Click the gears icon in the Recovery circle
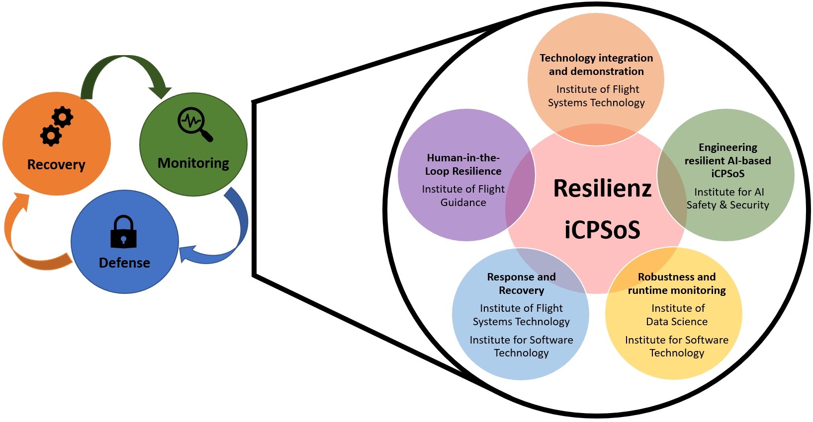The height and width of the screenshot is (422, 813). pos(57,127)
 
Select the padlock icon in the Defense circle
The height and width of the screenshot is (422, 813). pos(123,231)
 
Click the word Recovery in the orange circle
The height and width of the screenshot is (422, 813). pos(56,164)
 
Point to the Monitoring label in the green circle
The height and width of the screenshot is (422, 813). pos(193,163)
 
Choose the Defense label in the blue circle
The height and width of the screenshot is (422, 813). pos(124,263)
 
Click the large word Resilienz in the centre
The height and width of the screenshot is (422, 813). pos(602,188)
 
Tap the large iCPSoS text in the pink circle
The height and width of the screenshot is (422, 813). pos(602,229)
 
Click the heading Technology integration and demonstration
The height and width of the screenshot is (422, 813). pos(596,65)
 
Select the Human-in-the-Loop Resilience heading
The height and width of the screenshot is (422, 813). pos(463,164)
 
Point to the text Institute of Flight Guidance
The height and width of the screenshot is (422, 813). pos(463,196)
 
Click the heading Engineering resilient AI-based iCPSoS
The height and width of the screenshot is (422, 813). pos(727,160)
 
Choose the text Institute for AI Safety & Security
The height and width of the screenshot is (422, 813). pos(727,198)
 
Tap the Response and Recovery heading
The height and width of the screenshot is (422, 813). pos(521,283)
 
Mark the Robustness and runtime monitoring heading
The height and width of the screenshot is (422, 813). pos(677,283)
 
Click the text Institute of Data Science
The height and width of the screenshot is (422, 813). pos(677,315)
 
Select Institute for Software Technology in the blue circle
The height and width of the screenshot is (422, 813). pos(521,346)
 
